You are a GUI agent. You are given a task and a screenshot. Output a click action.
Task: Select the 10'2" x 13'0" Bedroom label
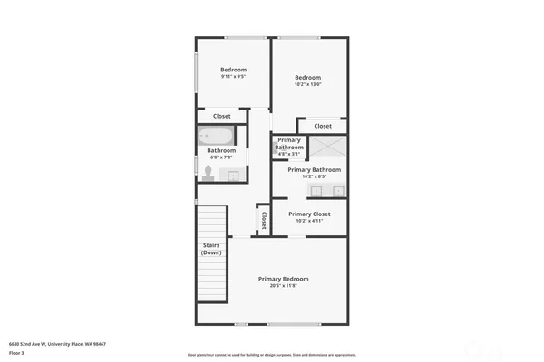click(x=307, y=78)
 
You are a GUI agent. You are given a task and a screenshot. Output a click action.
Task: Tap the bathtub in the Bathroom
click(x=217, y=137)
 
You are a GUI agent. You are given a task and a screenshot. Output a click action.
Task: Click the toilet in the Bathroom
click(x=208, y=172)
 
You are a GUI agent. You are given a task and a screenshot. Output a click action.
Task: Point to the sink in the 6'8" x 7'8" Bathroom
click(x=232, y=176)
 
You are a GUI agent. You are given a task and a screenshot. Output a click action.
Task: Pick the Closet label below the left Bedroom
click(x=221, y=116)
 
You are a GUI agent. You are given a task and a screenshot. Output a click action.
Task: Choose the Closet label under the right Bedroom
click(x=323, y=126)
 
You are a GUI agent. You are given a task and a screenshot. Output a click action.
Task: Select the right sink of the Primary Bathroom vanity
click(x=337, y=190)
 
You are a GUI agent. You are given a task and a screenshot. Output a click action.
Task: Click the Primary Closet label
click(x=308, y=214)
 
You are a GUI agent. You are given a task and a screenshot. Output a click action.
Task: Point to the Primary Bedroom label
click(x=283, y=278)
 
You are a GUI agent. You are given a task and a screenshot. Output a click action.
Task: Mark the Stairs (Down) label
click(x=211, y=249)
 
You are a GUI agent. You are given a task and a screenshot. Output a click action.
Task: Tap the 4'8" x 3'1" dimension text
click(x=289, y=153)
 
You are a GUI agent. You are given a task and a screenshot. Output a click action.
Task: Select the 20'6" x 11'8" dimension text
click(x=283, y=286)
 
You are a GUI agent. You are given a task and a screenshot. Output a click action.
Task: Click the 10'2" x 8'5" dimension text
click(x=314, y=176)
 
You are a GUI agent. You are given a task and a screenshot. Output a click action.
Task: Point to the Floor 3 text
click(x=16, y=353)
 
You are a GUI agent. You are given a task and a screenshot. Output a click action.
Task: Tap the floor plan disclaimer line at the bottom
click(x=271, y=354)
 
